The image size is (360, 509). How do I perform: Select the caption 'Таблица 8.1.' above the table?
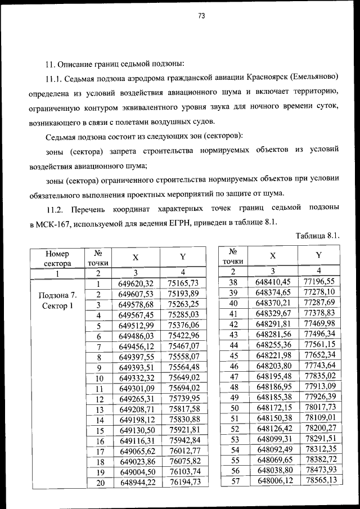coord(317,235)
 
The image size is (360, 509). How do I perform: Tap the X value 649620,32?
coord(136,283)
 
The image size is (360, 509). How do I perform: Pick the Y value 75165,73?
coord(183,283)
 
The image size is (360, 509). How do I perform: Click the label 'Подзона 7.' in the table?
coord(57,295)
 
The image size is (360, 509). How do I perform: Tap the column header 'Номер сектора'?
coord(57,258)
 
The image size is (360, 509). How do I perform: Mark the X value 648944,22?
coord(136,482)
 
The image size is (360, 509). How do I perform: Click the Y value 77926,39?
coord(318,397)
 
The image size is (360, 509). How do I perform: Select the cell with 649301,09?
coord(136,388)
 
